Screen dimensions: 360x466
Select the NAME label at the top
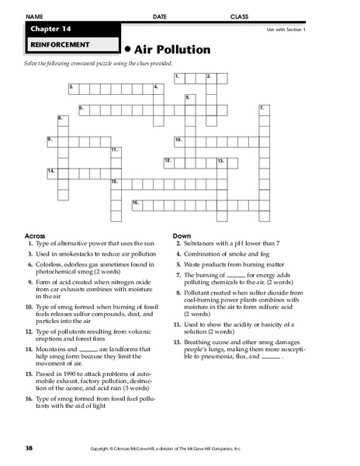(35, 16)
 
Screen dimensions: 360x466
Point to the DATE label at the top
(160, 16)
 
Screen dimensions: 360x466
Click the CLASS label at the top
(239, 16)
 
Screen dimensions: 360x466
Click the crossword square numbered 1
(179, 78)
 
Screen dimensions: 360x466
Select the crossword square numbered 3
(72, 87)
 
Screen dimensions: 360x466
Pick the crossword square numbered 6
(82, 108)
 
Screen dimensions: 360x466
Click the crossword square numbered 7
(263, 109)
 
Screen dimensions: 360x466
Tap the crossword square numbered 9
(51, 141)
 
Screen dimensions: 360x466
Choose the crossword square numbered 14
(51, 172)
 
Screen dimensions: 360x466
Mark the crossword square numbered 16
(136, 203)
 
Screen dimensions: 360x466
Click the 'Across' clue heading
(36, 235)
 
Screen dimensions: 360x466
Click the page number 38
(28, 448)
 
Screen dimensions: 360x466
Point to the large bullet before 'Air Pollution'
(127, 50)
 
